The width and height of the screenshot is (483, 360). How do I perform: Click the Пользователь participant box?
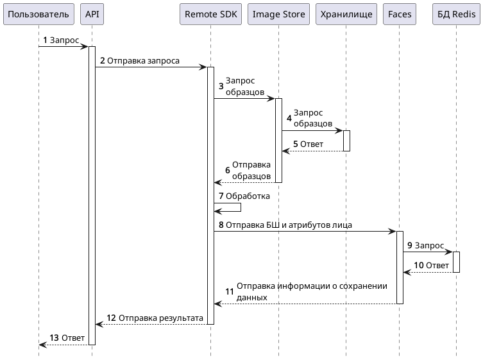point(38,14)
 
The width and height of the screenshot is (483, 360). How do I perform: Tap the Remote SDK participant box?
point(210,14)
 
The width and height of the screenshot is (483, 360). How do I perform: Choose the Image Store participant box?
point(278,14)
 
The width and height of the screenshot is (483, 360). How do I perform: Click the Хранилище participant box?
point(346,14)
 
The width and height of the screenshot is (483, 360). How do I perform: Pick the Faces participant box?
point(400,14)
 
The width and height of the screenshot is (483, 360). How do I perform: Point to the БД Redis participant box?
point(456,14)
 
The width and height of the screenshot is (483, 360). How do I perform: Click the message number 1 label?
point(45,40)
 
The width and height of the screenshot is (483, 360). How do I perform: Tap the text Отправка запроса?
point(143,61)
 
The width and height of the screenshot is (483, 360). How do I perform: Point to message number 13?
point(54,338)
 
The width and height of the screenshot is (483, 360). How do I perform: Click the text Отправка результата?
point(161,318)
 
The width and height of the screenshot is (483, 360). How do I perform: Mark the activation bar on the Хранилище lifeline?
point(346,141)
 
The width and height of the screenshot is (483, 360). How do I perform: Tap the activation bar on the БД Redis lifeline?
point(456,262)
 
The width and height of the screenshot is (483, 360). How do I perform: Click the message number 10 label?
point(418,266)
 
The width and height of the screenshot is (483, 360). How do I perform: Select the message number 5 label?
point(296,144)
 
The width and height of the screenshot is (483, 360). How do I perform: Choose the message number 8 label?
point(221,225)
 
